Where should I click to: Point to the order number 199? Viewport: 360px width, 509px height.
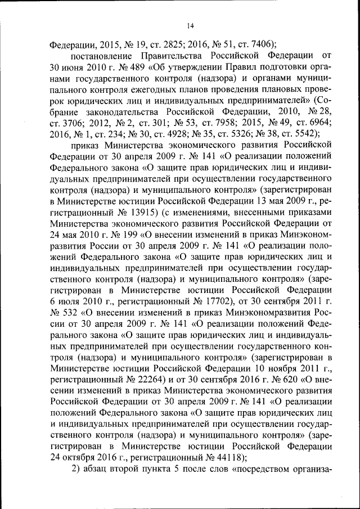click(x=130, y=227)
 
